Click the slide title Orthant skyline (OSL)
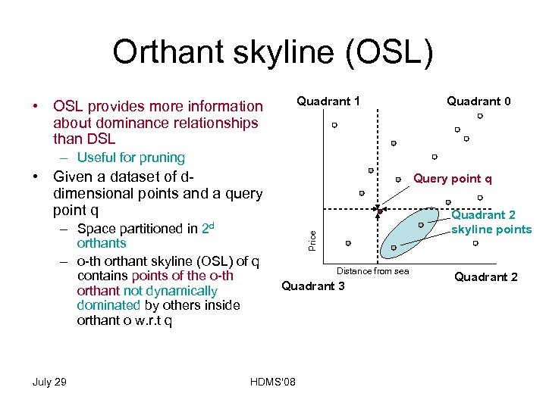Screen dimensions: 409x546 (x=273, y=52)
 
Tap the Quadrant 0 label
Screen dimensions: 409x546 (x=479, y=101)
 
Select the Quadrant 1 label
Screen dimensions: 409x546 (x=328, y=101)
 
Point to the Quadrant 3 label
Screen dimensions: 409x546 (x=313, y=286)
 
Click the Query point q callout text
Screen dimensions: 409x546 (x=453, y=179)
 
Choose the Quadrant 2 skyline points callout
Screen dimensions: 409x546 (x=491, y=223)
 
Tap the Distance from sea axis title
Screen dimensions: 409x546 (x=372, y=271)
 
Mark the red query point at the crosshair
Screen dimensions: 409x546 (x=379, y=211)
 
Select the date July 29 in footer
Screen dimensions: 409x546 (x=49, y=381)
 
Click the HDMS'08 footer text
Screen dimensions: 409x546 (x=272, y=381)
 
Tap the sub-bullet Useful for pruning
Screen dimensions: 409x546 (x=130, y=158)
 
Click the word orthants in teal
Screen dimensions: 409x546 (x=102, y=243)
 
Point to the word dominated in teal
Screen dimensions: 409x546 (x=108, y=305)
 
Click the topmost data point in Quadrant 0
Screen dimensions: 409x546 (x=480, y=116)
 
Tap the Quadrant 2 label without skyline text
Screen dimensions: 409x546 (x=485, y=277)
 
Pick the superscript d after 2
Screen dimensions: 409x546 (x=212, y=225)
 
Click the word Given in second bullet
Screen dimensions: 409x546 (x=72, y=177)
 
